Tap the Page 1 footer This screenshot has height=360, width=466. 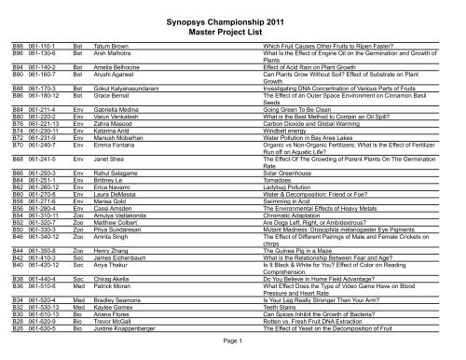pos(233,343)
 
